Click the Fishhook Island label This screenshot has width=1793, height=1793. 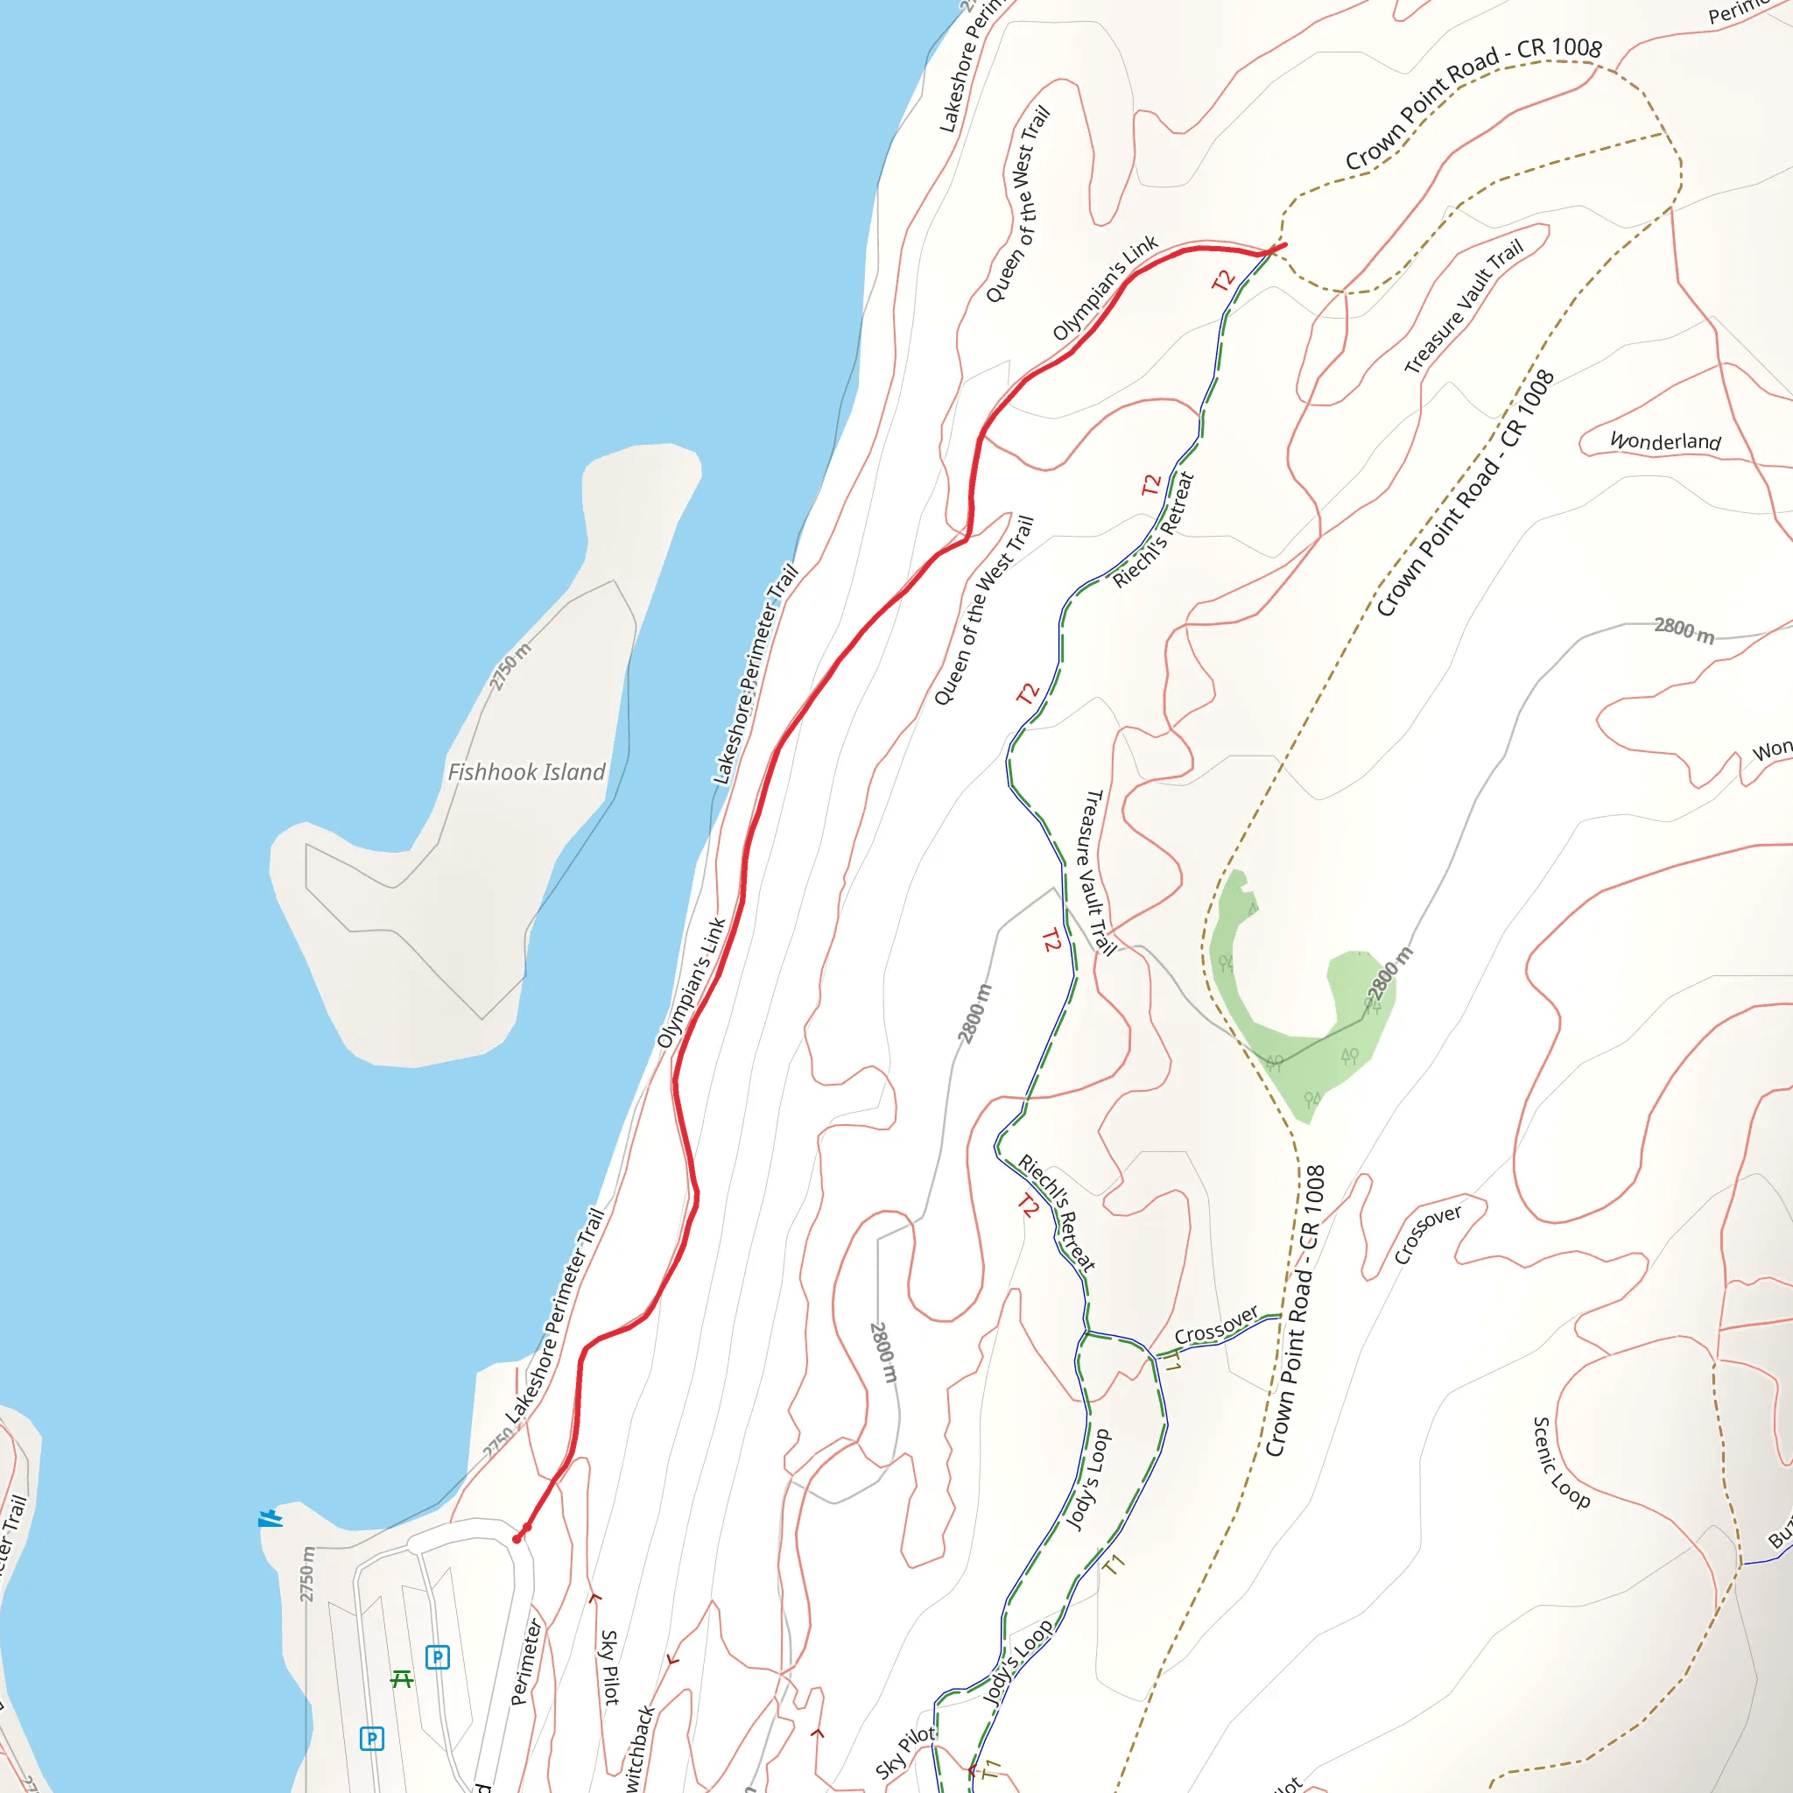526,772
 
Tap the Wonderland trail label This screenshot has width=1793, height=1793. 1665,441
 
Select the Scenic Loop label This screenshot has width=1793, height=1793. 1560,1463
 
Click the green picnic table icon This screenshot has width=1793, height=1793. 402,1679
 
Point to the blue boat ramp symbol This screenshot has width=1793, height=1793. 269,1519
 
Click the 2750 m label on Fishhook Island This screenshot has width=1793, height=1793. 510,666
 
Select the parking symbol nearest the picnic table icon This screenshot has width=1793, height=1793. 437,1656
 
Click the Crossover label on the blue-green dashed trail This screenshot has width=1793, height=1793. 1216,1325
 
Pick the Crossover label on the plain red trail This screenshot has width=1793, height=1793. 1427,1234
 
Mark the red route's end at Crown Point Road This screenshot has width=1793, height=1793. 1283,245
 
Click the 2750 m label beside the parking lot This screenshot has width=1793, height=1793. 307,1574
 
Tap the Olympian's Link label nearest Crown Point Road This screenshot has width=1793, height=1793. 1104,288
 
